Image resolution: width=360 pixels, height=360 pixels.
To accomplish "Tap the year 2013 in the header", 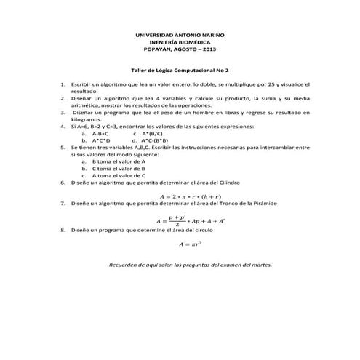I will (x=209, y=51).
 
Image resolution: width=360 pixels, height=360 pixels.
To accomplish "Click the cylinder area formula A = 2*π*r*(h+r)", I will (x=190, y=196).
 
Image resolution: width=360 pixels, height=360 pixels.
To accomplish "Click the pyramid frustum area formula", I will (x=190, y=220).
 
